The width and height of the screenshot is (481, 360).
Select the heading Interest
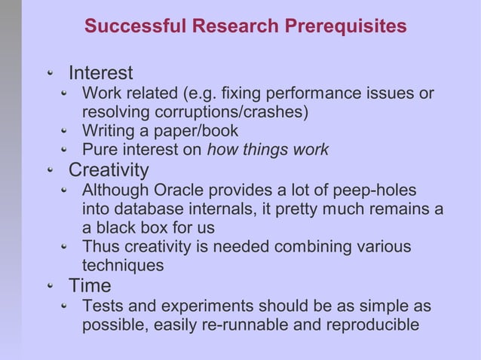[x=100, y=73]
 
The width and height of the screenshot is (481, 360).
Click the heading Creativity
[x=109, y=170]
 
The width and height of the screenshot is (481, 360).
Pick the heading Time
[x=90, y=286]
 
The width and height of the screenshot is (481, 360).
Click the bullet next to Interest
[x=51, y=74]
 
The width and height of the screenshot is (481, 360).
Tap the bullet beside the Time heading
[x=51, y=287]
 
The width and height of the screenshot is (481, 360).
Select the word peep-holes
[x=375, y=191]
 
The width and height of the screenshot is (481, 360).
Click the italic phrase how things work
[x=268, y=150]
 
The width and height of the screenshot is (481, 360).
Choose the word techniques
[x=122, y=265]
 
